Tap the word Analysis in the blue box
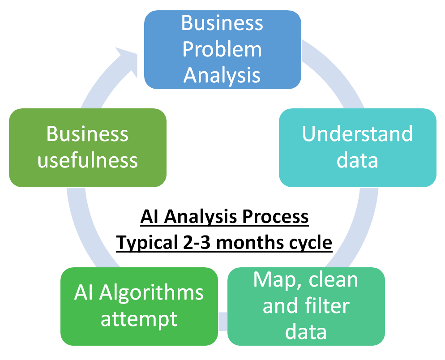pyautogui.click(x=222, y=75)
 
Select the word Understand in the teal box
pyautogui.click(x=357, y=134)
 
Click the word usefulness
pyautogui.click(x=88, y=160)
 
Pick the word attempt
pyautogui.click(x=139, y=319)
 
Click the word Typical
pyautogui.click(x=147, y=243)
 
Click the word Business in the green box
pyautogui.click(x=88, y=134)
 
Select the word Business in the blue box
pyautogui.click(x=222, y=23)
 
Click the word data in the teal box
pyautogui.click(x=357, y=160)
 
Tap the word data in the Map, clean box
pyautogui.click(x=306, y=332)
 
